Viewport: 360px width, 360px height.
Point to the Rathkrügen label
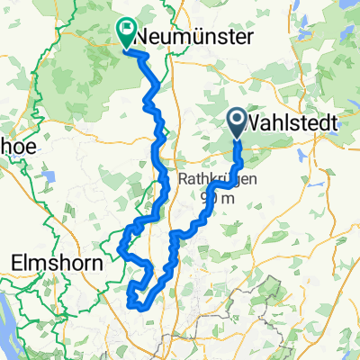tap(217, 179)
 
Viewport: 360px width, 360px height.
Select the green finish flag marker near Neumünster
tap(125, 33)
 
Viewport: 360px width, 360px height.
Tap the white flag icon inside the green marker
tap(125, 30)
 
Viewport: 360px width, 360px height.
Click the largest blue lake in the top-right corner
tap(346, 13)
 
